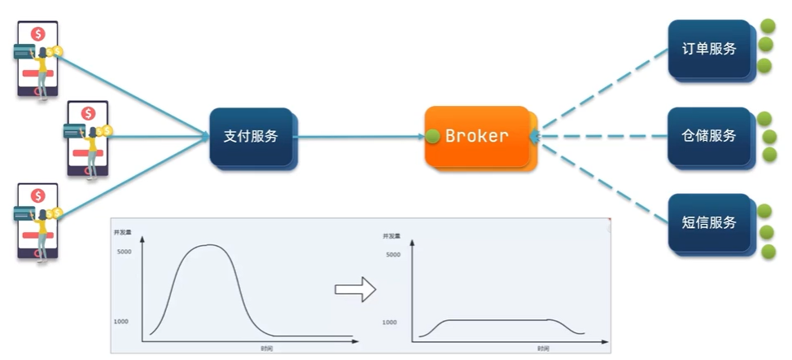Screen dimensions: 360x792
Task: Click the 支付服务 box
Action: tap(251, 137)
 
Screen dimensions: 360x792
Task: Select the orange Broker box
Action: tap(477, 136)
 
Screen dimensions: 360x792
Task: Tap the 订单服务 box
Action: tap(708, 49)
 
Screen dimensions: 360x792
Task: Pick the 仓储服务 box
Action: tap(708, 135)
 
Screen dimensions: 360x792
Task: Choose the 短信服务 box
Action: tap(708, 222)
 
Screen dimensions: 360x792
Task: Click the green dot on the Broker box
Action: tap(433, 136)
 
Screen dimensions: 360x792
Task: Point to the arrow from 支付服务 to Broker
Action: tap(358, 137)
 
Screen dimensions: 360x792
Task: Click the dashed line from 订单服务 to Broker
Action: tap(602, 92)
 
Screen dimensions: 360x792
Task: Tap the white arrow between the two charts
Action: tap(355, 288)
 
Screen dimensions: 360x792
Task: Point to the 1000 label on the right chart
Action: tap(390, 323)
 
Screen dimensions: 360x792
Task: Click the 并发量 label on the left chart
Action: tap(123, 232)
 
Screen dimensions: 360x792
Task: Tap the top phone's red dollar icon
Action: tap(37, 34)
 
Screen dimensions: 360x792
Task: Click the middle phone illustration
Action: tap(87, 138)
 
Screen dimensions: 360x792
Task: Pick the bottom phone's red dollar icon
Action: tap(37, 195)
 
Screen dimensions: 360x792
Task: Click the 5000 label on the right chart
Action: tap(392, 255)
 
